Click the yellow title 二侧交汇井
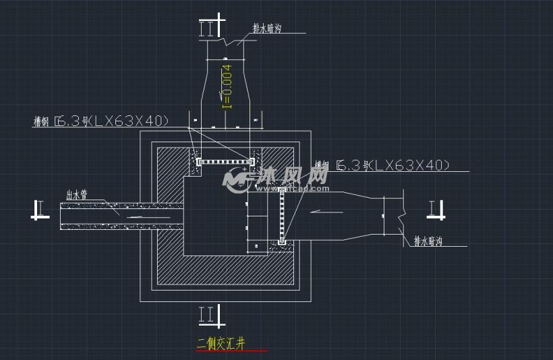pyautogui.click(x=221, y=344)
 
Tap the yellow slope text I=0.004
pyautogui.click(x=227, y=86)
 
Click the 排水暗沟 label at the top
pyautogui.click(x=267, y=28)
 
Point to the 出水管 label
pyautogui.click(x=77, y=194)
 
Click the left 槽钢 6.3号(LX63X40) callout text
pyautogui.click(x=100, y=121)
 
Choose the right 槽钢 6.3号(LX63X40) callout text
pyautogui.click(x=382, y=165)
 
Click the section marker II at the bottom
pyautogui.click(x=207, y=313)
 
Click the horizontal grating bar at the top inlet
pyautogui.click(x=225, y=162)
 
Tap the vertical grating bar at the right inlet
pyautogui.click(x=282, y=216)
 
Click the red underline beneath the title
pyautogui.click(x=231, y=351)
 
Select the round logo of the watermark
pyautogui.click(x=236, y=179)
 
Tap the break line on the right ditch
pyautogui.click(x=402, y=214)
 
